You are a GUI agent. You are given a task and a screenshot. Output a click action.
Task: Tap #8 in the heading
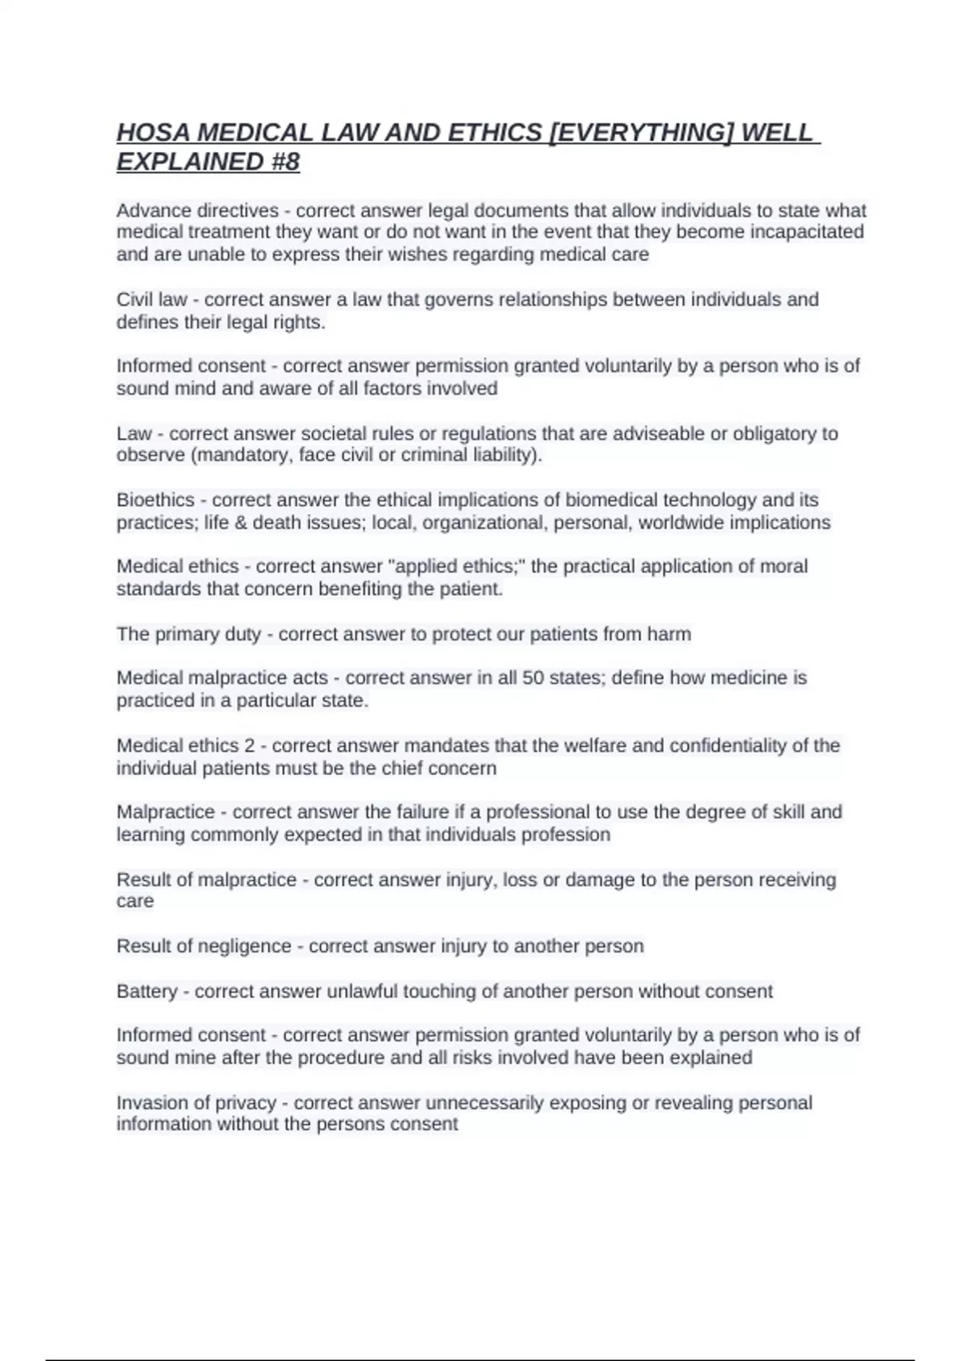(x=283, y=162)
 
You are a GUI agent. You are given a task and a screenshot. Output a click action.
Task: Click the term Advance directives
(x=197, y=211)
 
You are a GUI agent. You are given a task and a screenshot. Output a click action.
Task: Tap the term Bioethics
(x=155, y=500)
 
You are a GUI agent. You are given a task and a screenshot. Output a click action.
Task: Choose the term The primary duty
(x=189, y=634)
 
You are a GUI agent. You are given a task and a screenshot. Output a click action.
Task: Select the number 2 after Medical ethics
(x=249, y=745)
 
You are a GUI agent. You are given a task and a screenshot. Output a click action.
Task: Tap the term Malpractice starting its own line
(x=166, y=812)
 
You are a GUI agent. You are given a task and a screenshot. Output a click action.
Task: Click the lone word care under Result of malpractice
(x=135, y=901)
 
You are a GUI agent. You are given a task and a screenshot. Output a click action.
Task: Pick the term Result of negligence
(x=203, y=946)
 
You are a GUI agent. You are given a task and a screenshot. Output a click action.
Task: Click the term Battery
(x=147, y=991)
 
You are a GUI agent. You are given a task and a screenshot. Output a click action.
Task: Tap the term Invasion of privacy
(x=196, y=1102)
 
